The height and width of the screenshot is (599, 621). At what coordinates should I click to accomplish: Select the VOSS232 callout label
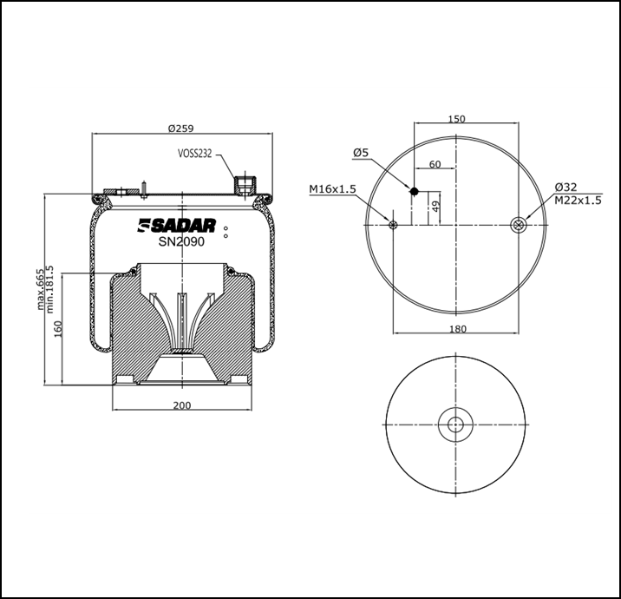tap(195, 154)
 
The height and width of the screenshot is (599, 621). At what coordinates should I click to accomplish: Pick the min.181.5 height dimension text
tap(50, 290)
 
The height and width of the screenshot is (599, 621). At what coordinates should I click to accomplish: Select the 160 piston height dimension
tap(58, 330)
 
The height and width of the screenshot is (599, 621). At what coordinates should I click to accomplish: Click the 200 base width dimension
tap(181, 405)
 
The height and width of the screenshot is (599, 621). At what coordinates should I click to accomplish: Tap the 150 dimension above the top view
tap(457, 119)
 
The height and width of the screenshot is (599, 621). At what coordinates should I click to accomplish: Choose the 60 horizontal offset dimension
tap(435, 164)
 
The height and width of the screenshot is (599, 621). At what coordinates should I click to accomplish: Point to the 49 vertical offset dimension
tap(435, 206)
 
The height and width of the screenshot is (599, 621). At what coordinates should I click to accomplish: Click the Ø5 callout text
tap(361, 153)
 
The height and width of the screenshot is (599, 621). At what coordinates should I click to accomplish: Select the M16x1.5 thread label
tap(332, 188)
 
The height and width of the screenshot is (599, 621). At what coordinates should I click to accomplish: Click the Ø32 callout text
tap(566, 188)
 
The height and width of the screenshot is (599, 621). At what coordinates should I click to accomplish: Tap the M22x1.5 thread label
tap(579, 201)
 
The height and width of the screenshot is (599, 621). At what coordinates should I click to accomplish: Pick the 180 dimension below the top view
tap(457, 328)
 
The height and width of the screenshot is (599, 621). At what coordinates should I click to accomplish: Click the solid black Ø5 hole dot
tap(415, 191)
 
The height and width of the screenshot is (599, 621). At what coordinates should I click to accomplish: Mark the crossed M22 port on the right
tap(518, 226)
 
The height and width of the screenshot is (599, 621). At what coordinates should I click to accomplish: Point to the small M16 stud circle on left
tap(394, 226)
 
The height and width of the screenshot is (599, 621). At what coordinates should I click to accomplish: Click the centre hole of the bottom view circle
tap(456, 425)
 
